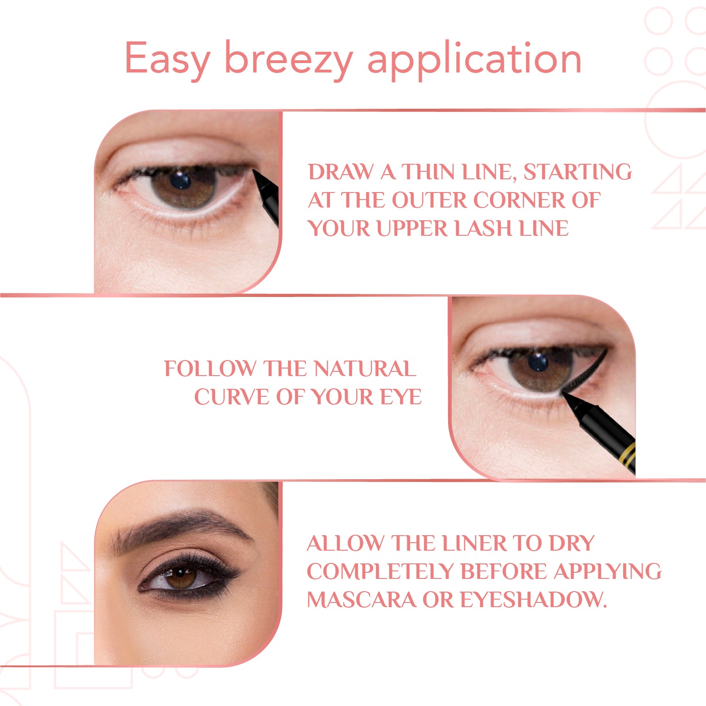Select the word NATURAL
click(365, 369)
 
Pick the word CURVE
click(233, 397)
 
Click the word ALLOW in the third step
click(345, 543)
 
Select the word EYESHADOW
click(533, 600)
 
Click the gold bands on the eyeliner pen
click(628, 455)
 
